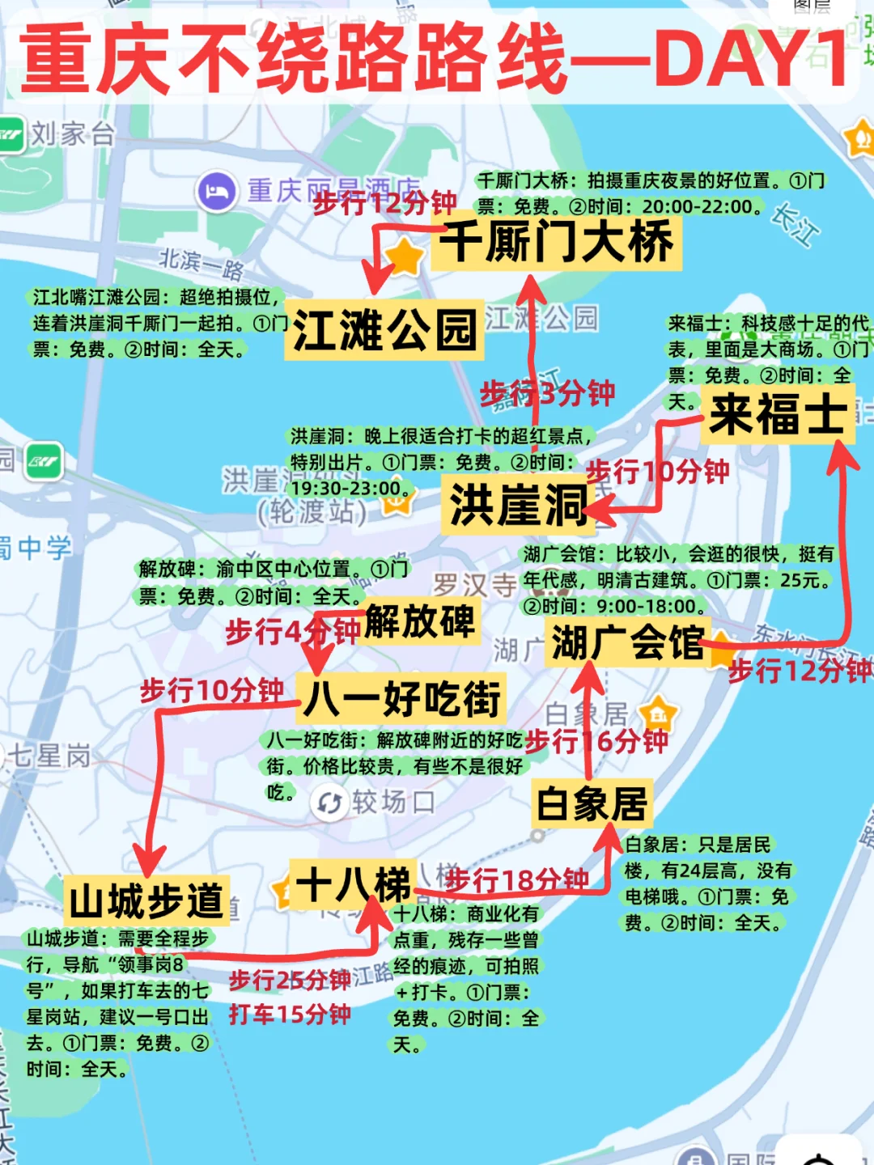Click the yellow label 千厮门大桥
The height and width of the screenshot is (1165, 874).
tap(558, 242)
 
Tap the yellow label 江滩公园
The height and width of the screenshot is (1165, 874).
tap(384, 330)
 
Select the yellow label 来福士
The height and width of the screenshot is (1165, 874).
tap(778, 415)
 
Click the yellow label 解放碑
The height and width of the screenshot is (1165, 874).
tap(420, 621)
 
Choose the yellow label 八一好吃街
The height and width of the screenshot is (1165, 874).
tap(402, 698)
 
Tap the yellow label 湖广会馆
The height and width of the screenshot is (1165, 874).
tap(627, 643)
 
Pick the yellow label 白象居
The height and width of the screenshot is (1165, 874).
tap(592, 803)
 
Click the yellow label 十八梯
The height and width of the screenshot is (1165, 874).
tap(353, 883)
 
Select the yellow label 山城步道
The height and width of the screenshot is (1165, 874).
tap(146, 900)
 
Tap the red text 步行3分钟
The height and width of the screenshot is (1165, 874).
tap(548, 394)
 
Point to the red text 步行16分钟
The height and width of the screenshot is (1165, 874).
tap(597, 740)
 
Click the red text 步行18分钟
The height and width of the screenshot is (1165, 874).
tap(516, 880)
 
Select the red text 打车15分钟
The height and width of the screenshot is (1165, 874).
tap(290, 1014)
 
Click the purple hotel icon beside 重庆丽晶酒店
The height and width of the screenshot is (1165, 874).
tap(216, 192)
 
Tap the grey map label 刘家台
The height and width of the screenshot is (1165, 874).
tap(73, 134)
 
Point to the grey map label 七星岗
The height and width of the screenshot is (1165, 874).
tap(49, 756)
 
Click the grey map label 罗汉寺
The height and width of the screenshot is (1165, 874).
tap(474, 584)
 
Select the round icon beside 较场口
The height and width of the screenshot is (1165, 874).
tap(329, 803)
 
